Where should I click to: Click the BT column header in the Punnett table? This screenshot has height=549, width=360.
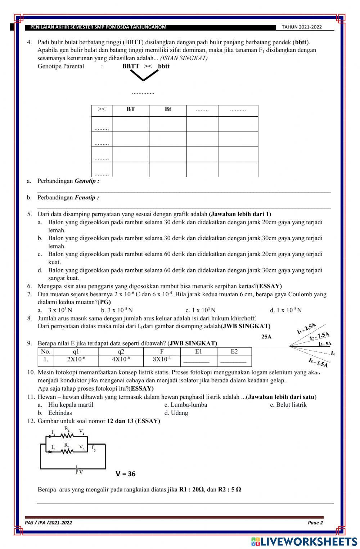coord(131,109)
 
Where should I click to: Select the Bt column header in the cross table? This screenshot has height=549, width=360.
coord(168,109)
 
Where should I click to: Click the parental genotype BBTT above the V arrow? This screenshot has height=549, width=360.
coord(131,66)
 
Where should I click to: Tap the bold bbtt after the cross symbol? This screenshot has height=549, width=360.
coord(164,66)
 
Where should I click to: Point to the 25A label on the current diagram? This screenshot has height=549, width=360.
coord(266,337)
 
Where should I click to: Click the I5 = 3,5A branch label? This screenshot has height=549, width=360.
coord(318,363)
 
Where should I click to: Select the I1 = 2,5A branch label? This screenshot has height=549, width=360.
coord(306,329)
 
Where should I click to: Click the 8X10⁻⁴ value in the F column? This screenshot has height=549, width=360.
coord(162,359)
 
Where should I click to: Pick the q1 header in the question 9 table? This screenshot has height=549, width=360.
coord(76,351)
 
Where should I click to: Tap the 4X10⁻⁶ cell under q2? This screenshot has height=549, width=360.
coord(121,359)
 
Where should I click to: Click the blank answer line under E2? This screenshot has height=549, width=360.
coord(234,361)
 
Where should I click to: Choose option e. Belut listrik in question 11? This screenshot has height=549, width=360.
coord(288,405)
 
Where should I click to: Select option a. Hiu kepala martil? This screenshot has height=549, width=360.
coord(71,405)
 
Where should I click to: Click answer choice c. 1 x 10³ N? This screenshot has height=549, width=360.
coord(201,310)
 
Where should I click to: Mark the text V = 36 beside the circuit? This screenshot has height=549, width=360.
coord(126,474)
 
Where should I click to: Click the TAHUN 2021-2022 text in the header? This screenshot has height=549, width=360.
coord(302,27)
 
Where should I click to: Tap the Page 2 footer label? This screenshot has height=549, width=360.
coord(315,523)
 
